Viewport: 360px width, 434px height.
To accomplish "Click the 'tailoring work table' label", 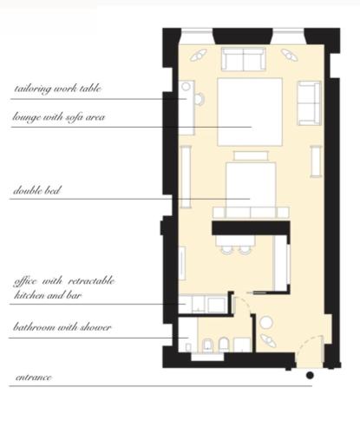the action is (x=58, y=89).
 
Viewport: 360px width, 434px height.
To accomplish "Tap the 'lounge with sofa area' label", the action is (x=59, y=117).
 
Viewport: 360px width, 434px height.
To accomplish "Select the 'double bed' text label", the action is (x=37, y=190).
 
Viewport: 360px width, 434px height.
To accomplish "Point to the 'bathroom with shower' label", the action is (x=62, y=327).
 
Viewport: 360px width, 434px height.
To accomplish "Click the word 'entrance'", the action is (x=34, y=378).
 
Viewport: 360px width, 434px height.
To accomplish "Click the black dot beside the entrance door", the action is (x=310, y=376).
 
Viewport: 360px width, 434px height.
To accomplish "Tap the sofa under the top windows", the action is (x=244, y=59).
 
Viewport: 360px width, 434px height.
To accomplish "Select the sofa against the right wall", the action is (x=309, y=103).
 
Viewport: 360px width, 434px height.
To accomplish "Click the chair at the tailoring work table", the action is (x=200, y=99).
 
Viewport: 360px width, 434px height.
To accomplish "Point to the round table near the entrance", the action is (x=266, y=323).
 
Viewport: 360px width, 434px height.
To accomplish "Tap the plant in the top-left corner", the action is (x=199, y=55).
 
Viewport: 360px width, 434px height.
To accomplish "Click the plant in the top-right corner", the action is (x=290, y=55).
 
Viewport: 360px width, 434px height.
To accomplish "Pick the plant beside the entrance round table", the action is (x=268, y=340).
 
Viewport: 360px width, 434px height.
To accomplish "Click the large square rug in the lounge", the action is (x=250, y=112).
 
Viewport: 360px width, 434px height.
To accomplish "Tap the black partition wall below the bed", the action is (x=251, y=228).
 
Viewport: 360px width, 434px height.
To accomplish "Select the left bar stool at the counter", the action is (x=226, y=249).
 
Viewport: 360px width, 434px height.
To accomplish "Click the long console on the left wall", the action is (x=186, y=177).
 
